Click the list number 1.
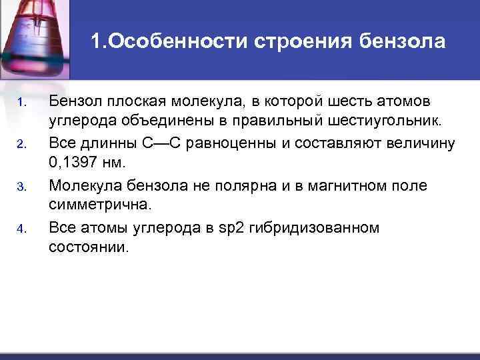[x=21, y=102]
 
